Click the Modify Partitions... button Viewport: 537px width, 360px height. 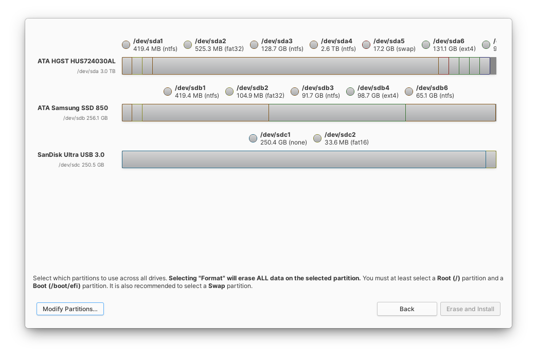[x=70, y=309]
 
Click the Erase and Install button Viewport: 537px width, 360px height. [x=470, y=309]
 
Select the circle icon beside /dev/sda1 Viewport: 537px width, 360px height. [x=126, y=45]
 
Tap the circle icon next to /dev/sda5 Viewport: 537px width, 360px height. [x=366, y=45]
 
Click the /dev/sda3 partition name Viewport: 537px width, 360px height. [x=277, y=41]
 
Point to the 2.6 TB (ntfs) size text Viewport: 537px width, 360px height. [x=338, y=49]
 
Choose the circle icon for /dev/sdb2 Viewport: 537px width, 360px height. [x=229, y=92]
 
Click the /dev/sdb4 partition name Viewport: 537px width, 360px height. [x=373, y=88]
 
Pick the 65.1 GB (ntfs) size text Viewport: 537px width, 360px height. [x=435, y=96]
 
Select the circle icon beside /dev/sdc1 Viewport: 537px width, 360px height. [x=253, y=138]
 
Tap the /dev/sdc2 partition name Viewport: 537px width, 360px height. [x=340, y=135]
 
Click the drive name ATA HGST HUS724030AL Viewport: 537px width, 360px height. [x=76, y=61]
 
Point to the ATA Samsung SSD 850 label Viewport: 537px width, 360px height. [x=73, y=108]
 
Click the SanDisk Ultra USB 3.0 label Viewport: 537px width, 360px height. [x=71, y=155]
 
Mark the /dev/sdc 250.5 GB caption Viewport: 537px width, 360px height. [x=81, y=165]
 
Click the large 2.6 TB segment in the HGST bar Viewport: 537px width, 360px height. [x=295, y=66]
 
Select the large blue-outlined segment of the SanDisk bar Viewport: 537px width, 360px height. [x=303, y=159]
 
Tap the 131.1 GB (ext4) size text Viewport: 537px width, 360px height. [x=454, y=49]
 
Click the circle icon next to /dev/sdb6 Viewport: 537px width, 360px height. [x=409, y=92]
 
